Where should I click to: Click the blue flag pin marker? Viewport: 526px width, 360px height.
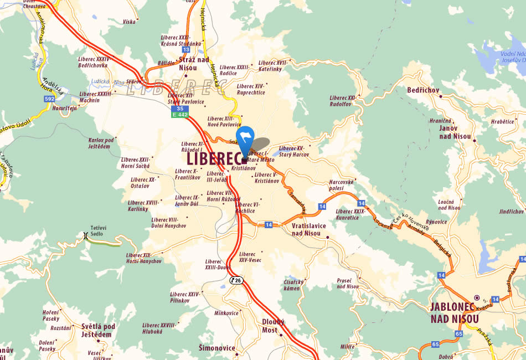245,138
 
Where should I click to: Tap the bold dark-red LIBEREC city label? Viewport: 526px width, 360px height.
214,159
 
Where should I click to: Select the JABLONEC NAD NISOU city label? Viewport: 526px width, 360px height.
455,313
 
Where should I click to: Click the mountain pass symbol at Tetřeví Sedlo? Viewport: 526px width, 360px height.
85,235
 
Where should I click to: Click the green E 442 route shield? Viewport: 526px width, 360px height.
180,115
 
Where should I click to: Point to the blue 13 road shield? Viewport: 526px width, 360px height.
186,49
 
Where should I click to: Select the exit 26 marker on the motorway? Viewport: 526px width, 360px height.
236,280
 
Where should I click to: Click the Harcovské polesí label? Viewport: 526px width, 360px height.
342,185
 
